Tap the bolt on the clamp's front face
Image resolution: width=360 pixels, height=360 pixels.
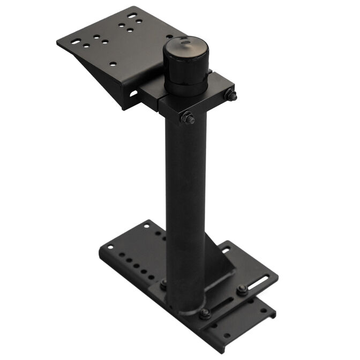coord(187,118)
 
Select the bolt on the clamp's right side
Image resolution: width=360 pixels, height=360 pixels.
coord(231,96)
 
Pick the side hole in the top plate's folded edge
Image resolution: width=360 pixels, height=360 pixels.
coord(133,94)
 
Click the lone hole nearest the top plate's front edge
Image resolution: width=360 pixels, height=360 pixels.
coord(112,64)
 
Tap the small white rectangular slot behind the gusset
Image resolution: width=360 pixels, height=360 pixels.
coord(226,249)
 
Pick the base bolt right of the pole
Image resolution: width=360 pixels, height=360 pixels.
coord(242,290)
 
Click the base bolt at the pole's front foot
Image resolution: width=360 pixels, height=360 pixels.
coord(205,313)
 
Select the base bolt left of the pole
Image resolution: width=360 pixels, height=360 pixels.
coord(163,283)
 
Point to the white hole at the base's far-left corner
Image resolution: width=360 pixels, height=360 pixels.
coord(110,247)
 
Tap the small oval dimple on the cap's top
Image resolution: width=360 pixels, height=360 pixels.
coord(184,41)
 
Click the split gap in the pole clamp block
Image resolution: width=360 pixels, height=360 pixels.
coord(160,97)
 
